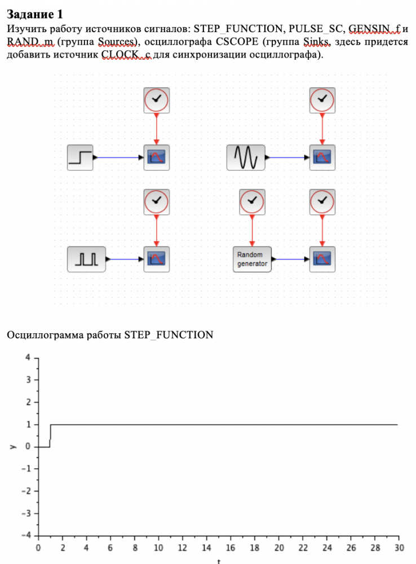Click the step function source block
79,157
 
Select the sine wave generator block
246,157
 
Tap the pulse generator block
86,259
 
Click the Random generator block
252,259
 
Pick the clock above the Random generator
252,201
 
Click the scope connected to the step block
157,157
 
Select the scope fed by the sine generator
322,157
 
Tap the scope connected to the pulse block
157,259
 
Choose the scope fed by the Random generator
322,259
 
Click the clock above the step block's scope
157,100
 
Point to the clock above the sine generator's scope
322,100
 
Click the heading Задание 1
35,14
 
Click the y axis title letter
12,447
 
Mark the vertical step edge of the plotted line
50,435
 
